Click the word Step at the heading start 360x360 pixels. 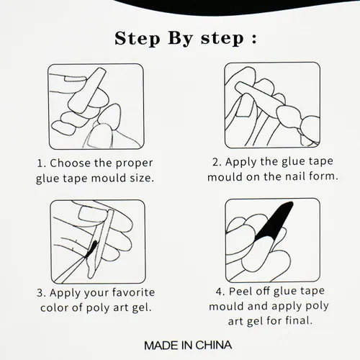click(x=138, y=38)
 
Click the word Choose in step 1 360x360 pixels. click(x=71, y=163)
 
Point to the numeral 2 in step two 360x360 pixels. click(x=216, y=162)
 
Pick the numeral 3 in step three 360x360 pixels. click(x=40, y=293)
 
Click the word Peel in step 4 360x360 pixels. click(x=239, y=291)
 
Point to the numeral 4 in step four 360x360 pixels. click(x=219, y=292)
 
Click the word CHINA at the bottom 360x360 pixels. click(x=214, y=346)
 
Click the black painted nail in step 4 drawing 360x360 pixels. click(x=276, y=221)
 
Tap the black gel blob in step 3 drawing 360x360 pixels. click(x=92, y=248)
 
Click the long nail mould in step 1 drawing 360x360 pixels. click(x=87, y=90)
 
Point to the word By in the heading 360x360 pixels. click(x=180, y=39)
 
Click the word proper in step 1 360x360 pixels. click(x=135, y=163)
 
